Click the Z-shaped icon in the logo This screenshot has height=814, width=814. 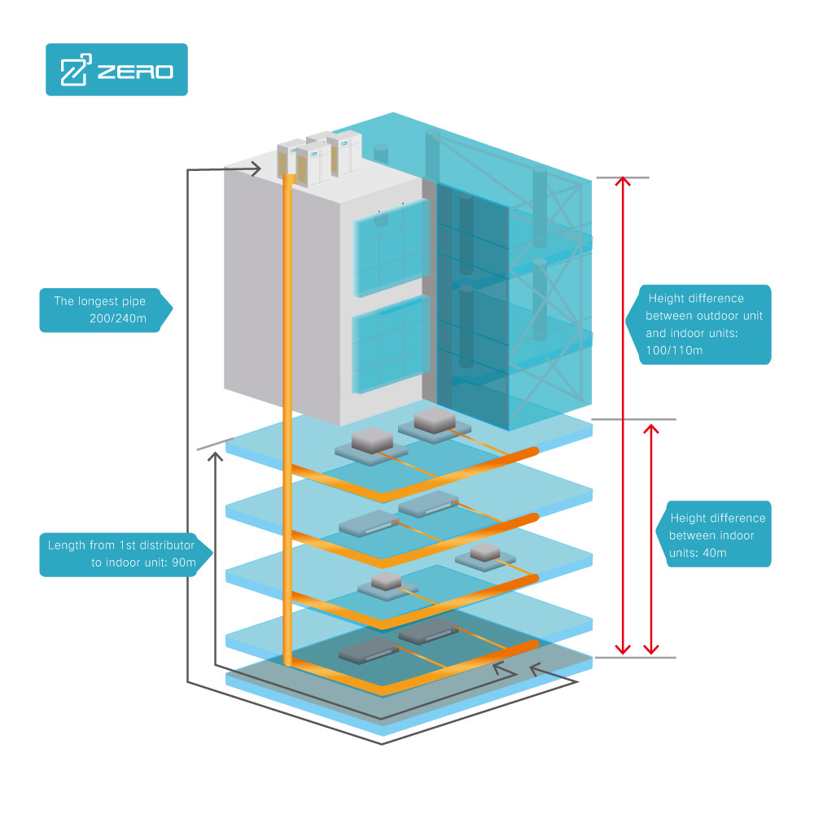click(x=75, y=71)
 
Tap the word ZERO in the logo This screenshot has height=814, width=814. click(x=135, y=72)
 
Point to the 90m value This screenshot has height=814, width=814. click(x=181, y=562)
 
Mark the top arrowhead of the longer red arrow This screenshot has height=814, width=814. click(x=624, y=182)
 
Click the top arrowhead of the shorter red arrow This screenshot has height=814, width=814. click(x=650, y=428)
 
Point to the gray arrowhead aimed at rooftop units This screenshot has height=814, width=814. click(x=254, y=169)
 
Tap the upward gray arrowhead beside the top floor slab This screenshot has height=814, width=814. click(x=215, y=458)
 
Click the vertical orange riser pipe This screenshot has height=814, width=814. click(x=288, y=407)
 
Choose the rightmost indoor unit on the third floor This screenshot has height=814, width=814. click(x=484, y=556)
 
